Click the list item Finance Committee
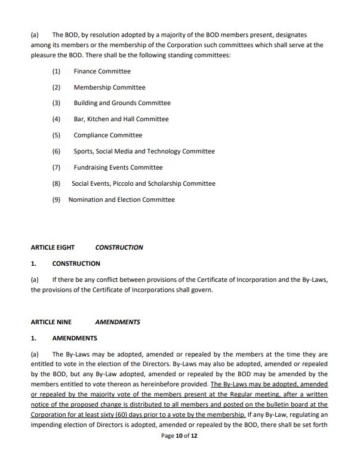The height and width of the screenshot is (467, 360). coord(102,72)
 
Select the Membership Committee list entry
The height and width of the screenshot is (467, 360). coord(109,87)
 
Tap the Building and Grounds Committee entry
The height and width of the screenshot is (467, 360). coord(122,103)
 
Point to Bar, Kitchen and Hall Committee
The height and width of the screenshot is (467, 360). coord(121,119)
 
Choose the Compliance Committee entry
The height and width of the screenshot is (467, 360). coord(108,136)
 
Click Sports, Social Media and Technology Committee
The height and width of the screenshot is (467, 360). coord(144,152)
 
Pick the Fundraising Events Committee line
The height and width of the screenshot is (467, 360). coord(118,168)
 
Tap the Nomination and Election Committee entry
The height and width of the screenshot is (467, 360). coord(121,200)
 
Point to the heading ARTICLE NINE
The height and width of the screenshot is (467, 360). coord(51,322)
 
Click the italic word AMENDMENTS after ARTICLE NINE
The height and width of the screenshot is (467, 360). coord(118,322)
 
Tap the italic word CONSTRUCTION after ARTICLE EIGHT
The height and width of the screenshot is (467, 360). coord(119,247)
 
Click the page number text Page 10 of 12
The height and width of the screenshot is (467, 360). coord(179,453)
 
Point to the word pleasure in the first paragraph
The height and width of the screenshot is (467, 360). coord(45,56)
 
